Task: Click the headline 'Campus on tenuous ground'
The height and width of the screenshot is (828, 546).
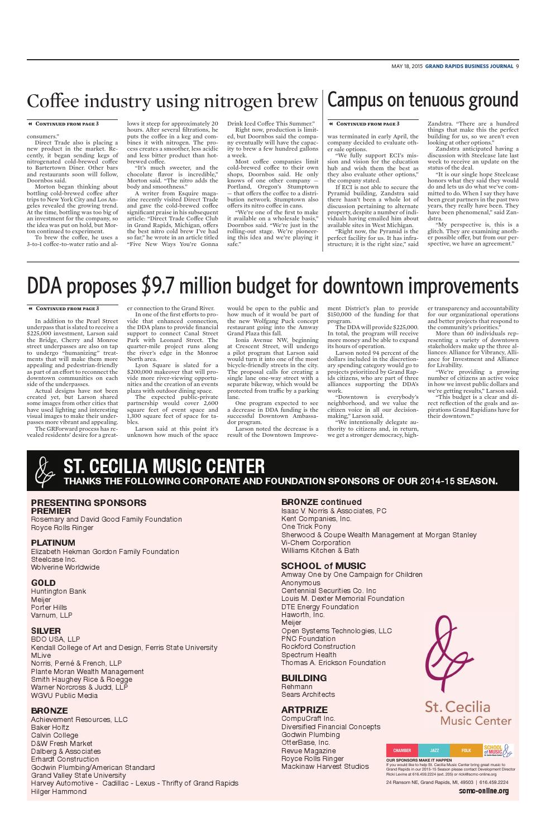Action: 423,100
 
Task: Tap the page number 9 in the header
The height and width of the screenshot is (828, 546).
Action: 517,66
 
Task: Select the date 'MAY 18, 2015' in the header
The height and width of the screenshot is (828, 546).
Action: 406,66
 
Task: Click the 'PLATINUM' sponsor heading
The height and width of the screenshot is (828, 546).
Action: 53,542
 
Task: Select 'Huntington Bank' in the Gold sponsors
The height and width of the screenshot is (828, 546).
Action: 59,591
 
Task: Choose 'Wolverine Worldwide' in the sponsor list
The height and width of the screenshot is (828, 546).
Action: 65,567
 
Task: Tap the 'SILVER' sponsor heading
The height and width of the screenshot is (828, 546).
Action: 46,631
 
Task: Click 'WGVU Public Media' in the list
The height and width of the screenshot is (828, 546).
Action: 64,695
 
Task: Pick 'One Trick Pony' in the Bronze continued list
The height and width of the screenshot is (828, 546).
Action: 306,526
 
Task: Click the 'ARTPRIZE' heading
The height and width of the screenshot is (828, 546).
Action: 304,710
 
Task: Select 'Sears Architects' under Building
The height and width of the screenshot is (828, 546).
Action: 308,694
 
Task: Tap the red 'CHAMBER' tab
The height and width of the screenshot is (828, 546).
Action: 402,750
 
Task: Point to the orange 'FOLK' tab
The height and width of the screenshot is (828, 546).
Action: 466,750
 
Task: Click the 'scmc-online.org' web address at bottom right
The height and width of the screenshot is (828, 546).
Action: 483,791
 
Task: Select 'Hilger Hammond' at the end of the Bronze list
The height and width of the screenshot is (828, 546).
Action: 59,791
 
